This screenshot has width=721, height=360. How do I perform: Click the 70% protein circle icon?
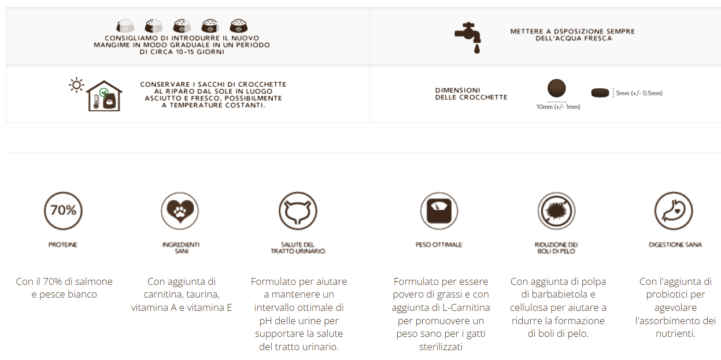coord(63,211)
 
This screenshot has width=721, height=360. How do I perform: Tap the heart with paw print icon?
coord(180,211)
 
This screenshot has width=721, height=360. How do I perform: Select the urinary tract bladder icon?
coord(298,211)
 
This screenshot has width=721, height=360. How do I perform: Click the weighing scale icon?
coord(439,211)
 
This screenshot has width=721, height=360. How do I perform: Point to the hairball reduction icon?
coord(556,211)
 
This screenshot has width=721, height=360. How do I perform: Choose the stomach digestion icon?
coord(674,211)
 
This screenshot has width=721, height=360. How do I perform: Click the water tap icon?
coord(468,38)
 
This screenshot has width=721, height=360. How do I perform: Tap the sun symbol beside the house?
coord(76,86)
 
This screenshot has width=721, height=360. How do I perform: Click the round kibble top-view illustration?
coord(557,88)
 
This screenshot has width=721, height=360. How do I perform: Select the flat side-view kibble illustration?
coord(600,92)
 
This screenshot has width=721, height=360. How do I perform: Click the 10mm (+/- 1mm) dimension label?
coord(558,107)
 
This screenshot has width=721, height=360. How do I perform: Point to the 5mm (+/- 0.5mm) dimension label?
coord(639,93)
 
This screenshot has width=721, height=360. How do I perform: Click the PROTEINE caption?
coord(63,245)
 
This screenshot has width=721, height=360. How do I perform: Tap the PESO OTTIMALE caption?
coord(439,245)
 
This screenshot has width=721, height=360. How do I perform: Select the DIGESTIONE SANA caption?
coord(675,245)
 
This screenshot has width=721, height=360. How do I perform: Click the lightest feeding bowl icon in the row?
coord(125,26)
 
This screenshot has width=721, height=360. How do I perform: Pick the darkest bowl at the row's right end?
coord(239,26)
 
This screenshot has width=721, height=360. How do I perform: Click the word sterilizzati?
coord(441,347)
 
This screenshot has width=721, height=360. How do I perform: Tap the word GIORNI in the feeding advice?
coord(210,52)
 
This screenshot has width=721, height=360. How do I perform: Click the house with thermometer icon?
coord(104,96)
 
